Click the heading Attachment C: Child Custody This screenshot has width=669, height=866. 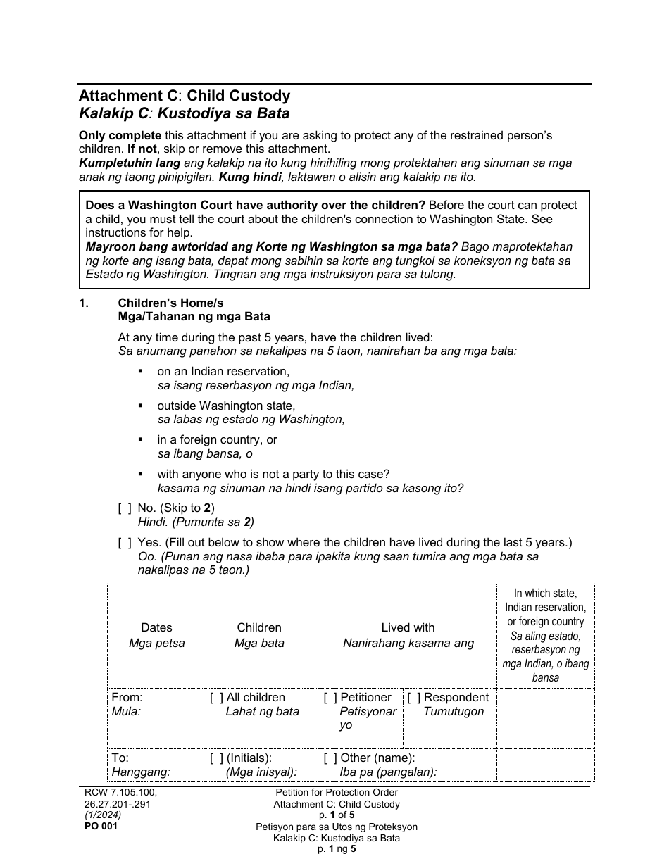click(x=184, y=96)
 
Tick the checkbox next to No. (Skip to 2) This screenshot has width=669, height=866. click(x=125, y=508)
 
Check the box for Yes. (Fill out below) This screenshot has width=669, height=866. click(x=125, y=542)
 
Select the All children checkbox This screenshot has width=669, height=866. click(x=216, y=698)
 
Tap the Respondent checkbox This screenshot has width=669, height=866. click(x=414, y=698)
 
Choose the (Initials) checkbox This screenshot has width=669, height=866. click(x=216, y=758)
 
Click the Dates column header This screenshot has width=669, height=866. click(x=156, y=627)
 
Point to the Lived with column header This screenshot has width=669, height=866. click(x=408, y=627)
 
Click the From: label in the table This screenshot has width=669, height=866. click(x=127, y=698)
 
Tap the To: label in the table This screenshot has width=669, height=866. click(x=120, y=758)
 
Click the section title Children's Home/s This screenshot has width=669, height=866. click(x=180, y=303)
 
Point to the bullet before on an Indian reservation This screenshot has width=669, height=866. click(x=142, y=371)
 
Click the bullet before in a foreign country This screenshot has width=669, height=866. click(x=142, y=439)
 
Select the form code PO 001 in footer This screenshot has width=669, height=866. click(x=98, y=827)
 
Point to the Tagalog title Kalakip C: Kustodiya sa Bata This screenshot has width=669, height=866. click(x=184, y=113)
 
